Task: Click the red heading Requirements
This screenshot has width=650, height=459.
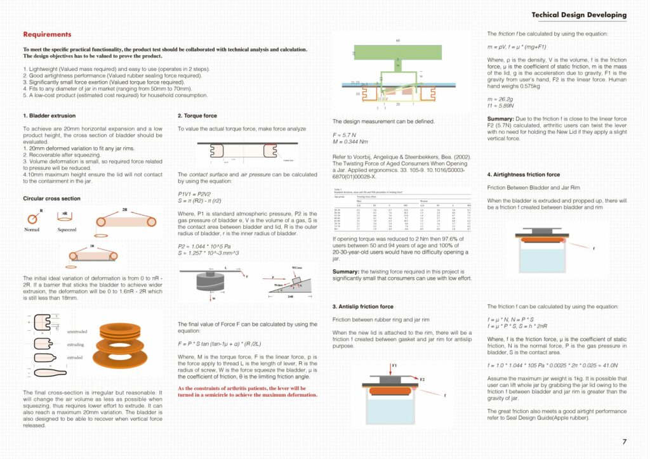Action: pyautogui.click(x=47, y=34)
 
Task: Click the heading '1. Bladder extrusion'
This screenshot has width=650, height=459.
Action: pyautogui.click(x=49, y=116)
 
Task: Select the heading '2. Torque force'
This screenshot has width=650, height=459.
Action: pyautogui.click(x=197, y=116)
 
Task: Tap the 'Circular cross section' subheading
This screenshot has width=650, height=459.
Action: pyautogui.click(x=51, y=198)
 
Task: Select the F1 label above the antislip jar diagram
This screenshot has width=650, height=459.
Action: pyautogui.click(x=394, y=366)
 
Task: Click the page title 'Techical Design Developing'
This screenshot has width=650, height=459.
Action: pyautogui.click(x=578, y=15)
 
